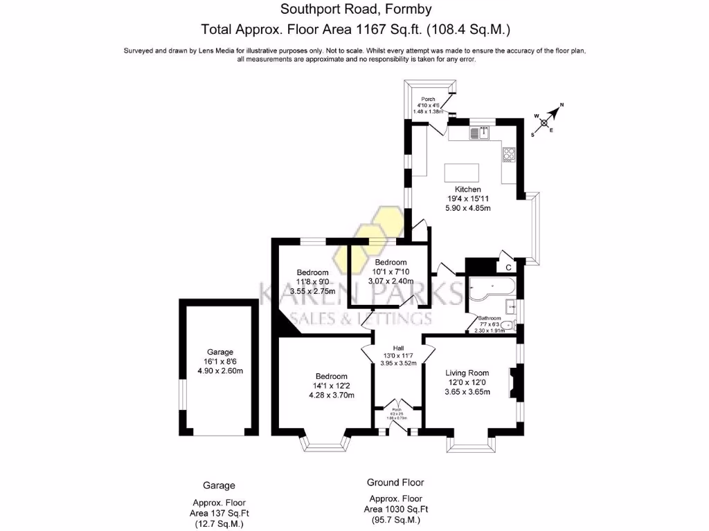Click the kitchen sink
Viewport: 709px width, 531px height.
click(478, 133)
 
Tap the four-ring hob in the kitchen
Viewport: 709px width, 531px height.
click(509, 154)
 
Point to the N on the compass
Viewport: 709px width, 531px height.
click(562, 105)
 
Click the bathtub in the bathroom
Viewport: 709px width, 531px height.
click(490, 291)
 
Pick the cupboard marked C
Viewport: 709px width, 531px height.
click(508, 267)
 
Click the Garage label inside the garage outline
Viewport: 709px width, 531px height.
click(221, 351)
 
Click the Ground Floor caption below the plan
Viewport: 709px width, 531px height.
click(395, 483)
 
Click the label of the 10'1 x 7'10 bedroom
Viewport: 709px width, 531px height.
click(391, 263)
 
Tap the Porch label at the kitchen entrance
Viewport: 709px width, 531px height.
click(428, 99)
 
